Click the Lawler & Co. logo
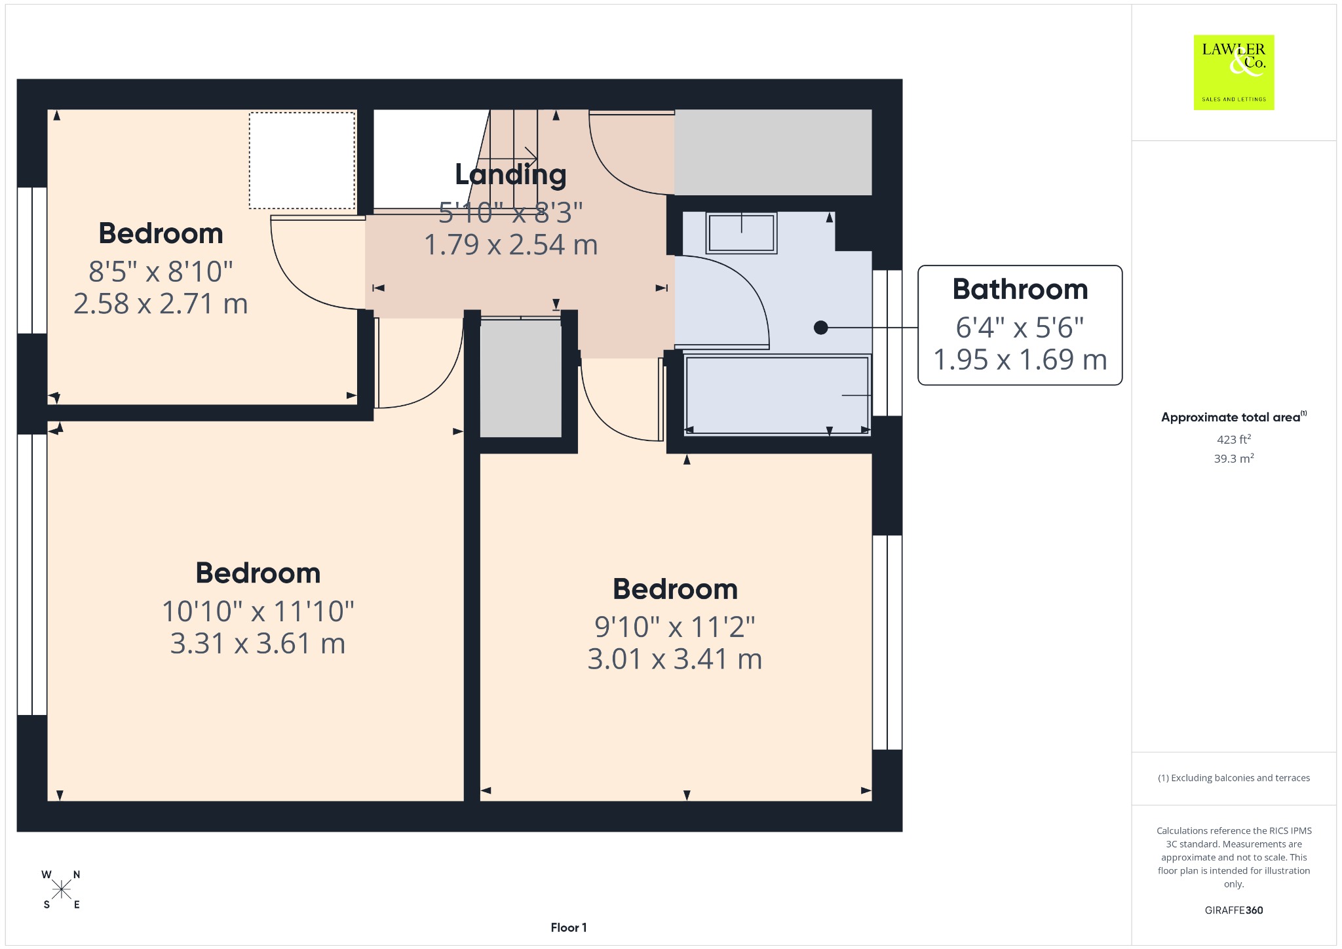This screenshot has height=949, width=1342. [1233, 72]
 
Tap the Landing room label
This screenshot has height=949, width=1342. [510, 174]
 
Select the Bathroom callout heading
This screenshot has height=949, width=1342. [1020, 289]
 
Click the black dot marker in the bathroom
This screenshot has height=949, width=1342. [820, 327]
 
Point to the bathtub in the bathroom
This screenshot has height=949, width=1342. [777, 395]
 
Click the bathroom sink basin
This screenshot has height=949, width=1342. [741, 233]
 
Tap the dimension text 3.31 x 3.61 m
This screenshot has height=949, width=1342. [258, 644]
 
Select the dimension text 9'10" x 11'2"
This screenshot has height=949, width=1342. [675, 627]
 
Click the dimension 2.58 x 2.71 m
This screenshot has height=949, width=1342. [161, 304]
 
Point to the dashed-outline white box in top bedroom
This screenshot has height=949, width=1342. [301, 161]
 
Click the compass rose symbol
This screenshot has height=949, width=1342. [62, 889]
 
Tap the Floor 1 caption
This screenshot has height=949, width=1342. [569, 927]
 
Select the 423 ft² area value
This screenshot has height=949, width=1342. [1233, 439]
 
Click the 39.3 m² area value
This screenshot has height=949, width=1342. [1233, 458]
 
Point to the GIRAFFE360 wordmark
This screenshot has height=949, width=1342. [1233, 910]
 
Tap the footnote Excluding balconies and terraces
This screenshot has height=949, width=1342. [1234, 778]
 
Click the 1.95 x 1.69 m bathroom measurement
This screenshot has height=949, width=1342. [1020, 360]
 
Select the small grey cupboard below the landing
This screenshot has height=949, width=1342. [521, 378]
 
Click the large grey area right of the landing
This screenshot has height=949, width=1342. [773, 152]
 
